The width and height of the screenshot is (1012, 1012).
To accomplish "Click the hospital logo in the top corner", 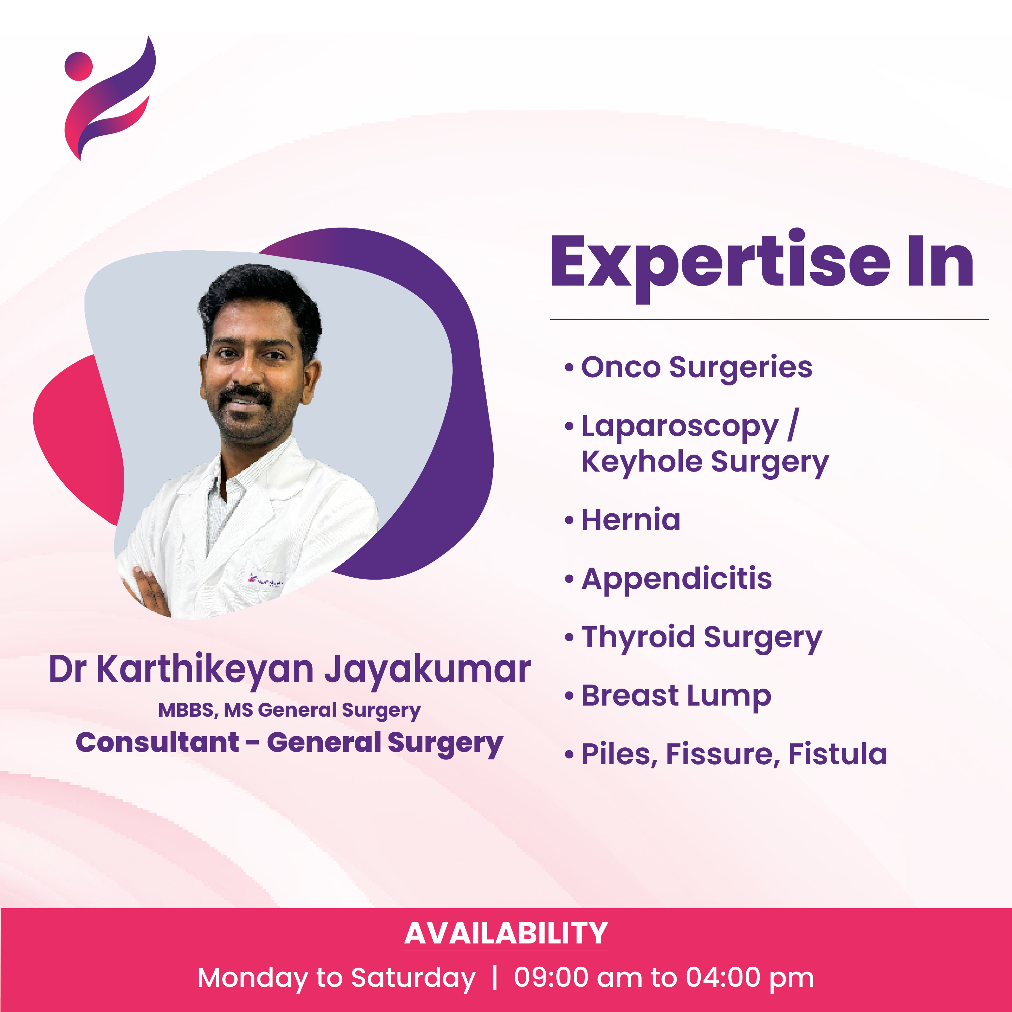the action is point(109,98).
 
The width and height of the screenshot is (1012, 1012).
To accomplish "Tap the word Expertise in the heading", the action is point(720,266).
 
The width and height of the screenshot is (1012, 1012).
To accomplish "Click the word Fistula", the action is point(838,754).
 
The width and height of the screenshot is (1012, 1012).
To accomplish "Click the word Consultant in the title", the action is point(157,743).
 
